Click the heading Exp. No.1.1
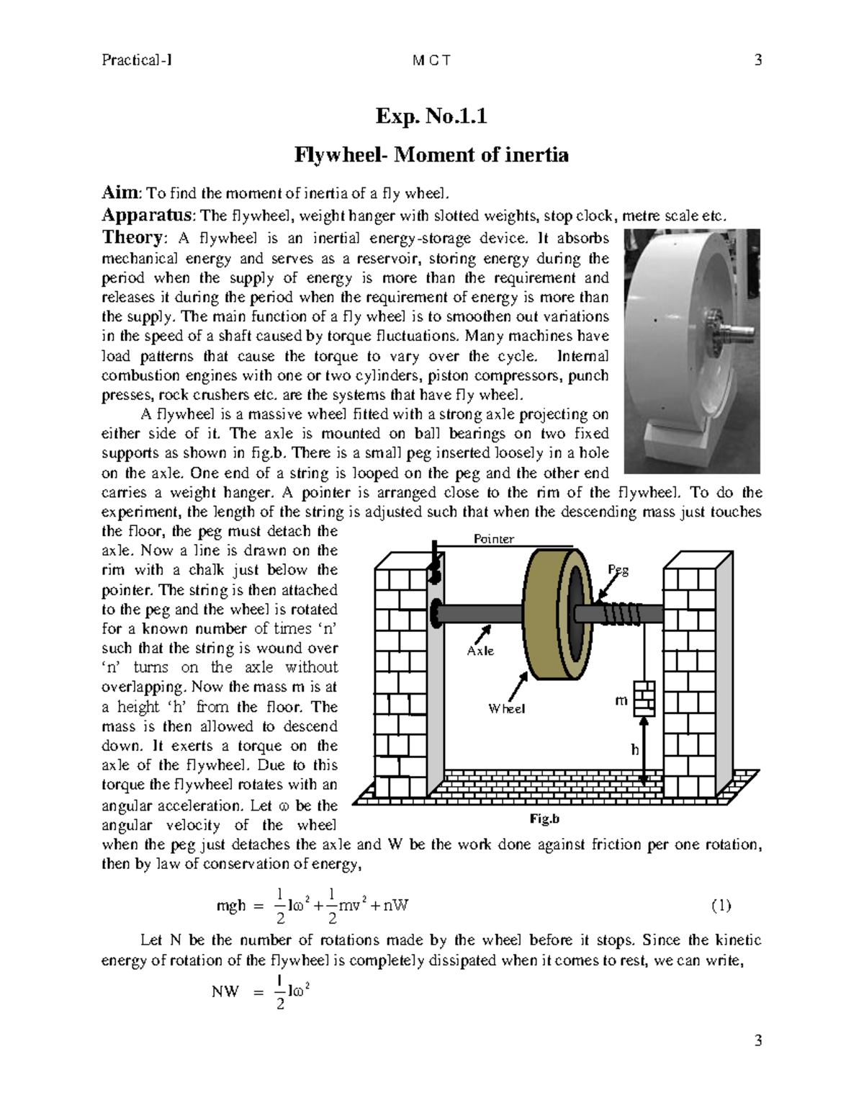click(x=431, y=116)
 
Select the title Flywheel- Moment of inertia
click(x=431, y=154)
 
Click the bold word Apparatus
click(x=148, y=215)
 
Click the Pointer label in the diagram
click(x=493, y=539)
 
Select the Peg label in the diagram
click(x=618, y=569)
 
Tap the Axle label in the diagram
click(x=480, y=651)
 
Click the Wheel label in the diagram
click(x=506, y=708)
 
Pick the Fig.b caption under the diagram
click(x=544, y=819)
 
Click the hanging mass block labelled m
click(x=644, y=698)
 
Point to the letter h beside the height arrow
click(x=634, y=749)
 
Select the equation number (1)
click(x=721, y=905)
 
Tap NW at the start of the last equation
click(x=225, y=991)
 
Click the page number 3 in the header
click(x=757, y=61)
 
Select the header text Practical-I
click(x=137, y=61)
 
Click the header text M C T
click(x=431, y=61)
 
